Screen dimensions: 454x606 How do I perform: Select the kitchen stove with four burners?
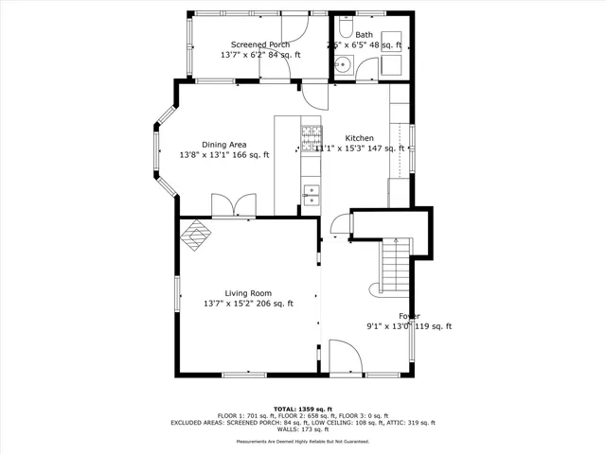click(x=310, y=139)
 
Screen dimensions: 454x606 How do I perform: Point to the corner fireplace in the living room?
click(x=196, y=235)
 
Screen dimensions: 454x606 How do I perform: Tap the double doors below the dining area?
click(x=232, y=206)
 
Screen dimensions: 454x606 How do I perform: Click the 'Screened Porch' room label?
click(x=261, y=44)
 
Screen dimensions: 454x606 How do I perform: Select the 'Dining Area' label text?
click(x=224, y=145)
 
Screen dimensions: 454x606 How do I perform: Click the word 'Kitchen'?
click(x=359, y=137)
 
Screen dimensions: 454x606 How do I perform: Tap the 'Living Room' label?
click(x=248, y=293)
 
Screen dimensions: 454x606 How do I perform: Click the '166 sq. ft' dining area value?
click(x=251, y=155)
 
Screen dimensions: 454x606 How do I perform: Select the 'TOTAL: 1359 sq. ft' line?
click(x=303, y=410)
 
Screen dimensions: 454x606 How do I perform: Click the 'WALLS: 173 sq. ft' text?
click(x=303, y=430)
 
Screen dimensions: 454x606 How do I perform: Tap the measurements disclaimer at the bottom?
click(x=303, y=441)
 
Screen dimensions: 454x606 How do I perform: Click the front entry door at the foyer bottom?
click(x=343, y=358)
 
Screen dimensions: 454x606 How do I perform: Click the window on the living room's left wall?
click(x=177, y=292)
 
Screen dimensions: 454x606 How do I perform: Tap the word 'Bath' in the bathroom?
click(x=365, y=35)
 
